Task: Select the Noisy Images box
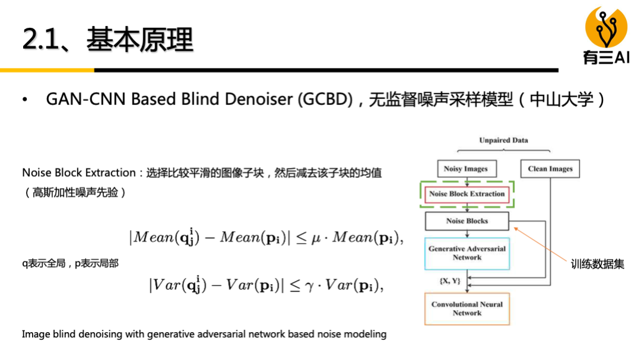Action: tap(466, 169)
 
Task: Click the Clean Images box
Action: tap(550, 169)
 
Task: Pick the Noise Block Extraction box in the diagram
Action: tap(467, 194)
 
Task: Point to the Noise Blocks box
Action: tap(467, 221)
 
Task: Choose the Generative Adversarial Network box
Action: tap(467, 253)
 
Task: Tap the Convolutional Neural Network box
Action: tap(467, 308)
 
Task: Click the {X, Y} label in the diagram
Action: tap(449, 281)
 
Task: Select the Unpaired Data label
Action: tap(503, 141)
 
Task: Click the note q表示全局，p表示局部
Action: tap(70, 263)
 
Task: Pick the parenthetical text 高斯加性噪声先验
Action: tap(74, 193)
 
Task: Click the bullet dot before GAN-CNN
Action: tap(25, 100)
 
